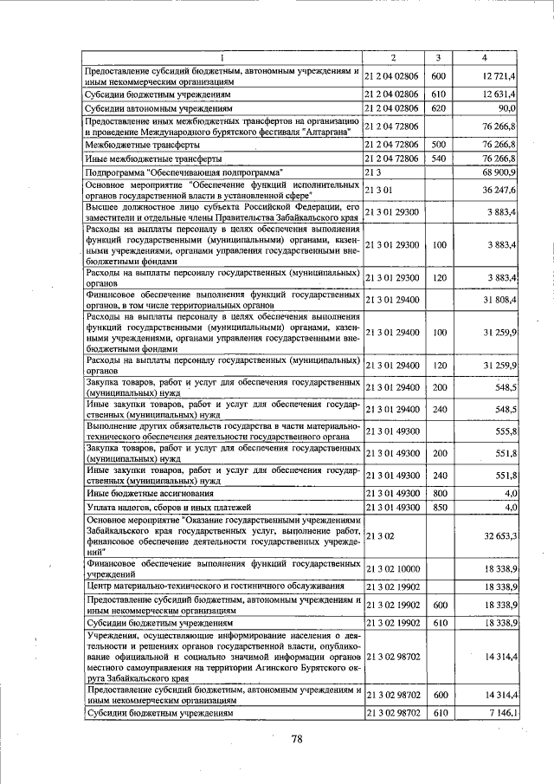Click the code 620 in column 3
[x=438, y=109]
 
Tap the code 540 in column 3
[x=438, y=159]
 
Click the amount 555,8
[x=505, y=431]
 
